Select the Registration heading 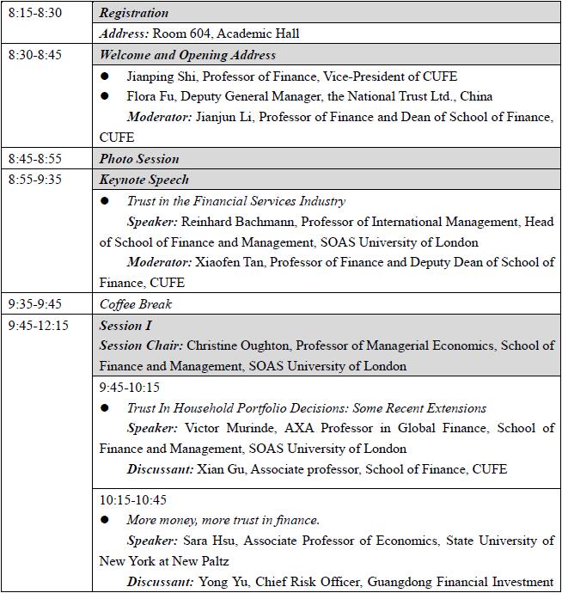(x=134, y=13)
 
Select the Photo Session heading (x=139, y=159)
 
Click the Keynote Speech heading (x=144, y=180)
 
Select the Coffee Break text (x=136, y=304)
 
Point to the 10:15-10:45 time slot (x=133, y=499)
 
